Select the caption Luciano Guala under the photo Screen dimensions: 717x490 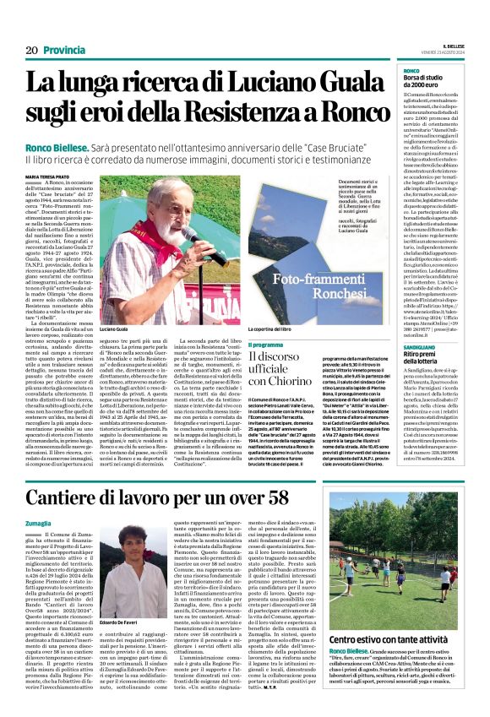tap(118, 326)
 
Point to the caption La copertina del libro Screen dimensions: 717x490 tap(275, 327)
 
